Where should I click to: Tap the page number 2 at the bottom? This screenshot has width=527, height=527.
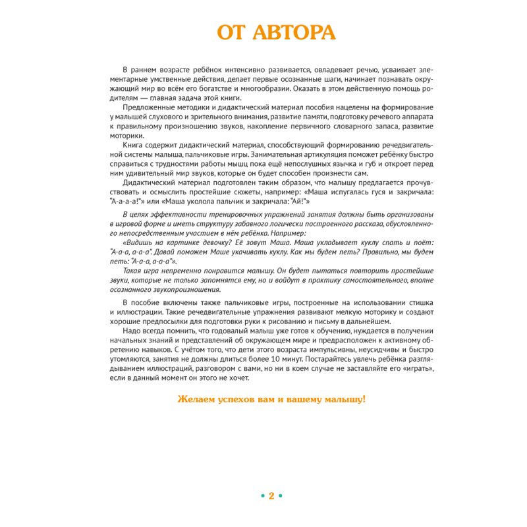(x=271, y=495)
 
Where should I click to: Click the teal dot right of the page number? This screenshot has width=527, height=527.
(x=281, y=496)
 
